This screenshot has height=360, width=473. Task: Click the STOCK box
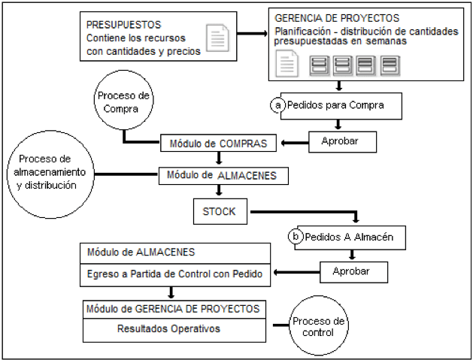point(220,211)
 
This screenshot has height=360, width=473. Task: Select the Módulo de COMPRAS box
point(218,144)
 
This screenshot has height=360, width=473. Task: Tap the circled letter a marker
point(277,105)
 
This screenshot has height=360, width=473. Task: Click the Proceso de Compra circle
point(123,100)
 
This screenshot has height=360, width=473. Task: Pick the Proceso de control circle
point(319,325)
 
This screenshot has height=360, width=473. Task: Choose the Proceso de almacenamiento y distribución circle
point(50,174)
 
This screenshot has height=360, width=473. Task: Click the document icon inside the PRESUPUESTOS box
point(217,38)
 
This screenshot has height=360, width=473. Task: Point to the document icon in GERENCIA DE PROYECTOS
point(287,63)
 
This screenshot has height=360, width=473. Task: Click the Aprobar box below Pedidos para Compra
point(342,142)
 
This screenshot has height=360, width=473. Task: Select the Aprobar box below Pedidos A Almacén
point(354,272)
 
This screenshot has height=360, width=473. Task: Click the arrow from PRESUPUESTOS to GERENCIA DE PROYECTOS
point(252,34)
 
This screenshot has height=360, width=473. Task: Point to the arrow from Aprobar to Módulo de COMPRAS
point(295,143)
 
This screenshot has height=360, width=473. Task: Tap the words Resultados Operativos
point(168,328)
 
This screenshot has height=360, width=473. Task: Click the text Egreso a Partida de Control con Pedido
point(174,274)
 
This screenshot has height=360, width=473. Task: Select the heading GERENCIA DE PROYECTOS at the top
point(337,18)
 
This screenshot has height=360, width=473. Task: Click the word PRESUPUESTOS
point(123,25)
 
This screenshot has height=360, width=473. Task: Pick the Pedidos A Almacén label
point(349,237)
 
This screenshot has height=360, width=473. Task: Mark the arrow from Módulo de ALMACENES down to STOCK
point(219,190)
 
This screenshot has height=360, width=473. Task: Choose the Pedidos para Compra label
point(335,105)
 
